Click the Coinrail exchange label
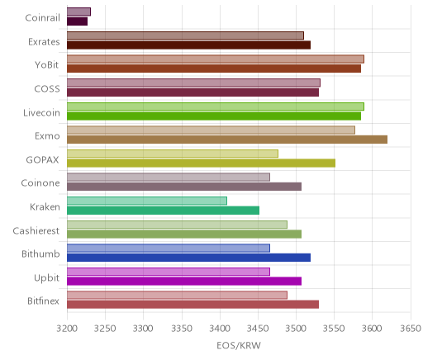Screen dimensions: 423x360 pyautogui.click(x=42, y=18)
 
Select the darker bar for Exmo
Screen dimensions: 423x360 pyautogui.click(x=227, y=140)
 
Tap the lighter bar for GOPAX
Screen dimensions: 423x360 pyautogui.click(x=173, y=154)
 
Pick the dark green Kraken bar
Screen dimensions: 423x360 pyautogui.click(x=163, y=211)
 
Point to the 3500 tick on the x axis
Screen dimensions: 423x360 pyautogui.click(x=296, y=329)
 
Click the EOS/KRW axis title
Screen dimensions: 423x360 pyautogui.click(x=239, y=346)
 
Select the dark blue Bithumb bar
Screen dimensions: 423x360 pyautogui.click(x=188, y=258)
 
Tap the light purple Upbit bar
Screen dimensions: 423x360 pyautogui.click(x=169, y=272)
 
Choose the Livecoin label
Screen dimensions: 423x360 pyautogui.click(x=41, y=113)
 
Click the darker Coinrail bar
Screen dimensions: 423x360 pyautogui.click(x=78, y=21)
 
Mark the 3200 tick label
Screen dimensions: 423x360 pyautogui.click(x=67, y=329)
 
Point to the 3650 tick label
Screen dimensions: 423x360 pyautogui.click(x=411, y=329)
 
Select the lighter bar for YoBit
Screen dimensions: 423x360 pyautogui.click(x=216, y=59)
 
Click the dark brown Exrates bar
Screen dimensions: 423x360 pyautogui.click(x=188, y=45)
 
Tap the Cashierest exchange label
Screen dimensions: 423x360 pyautogui.click(x=36, y=231)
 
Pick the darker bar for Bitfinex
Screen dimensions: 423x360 pyautogui.click(x=192, y=305)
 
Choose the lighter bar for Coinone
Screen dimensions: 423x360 pyautogui.click(x=169, y=178)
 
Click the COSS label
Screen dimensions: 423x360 pyautogui.click(x=47, y=89)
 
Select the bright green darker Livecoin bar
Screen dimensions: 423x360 pyautogui.click(x=214, y=116)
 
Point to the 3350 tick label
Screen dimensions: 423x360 pyautogui.click(x=182, y=329)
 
